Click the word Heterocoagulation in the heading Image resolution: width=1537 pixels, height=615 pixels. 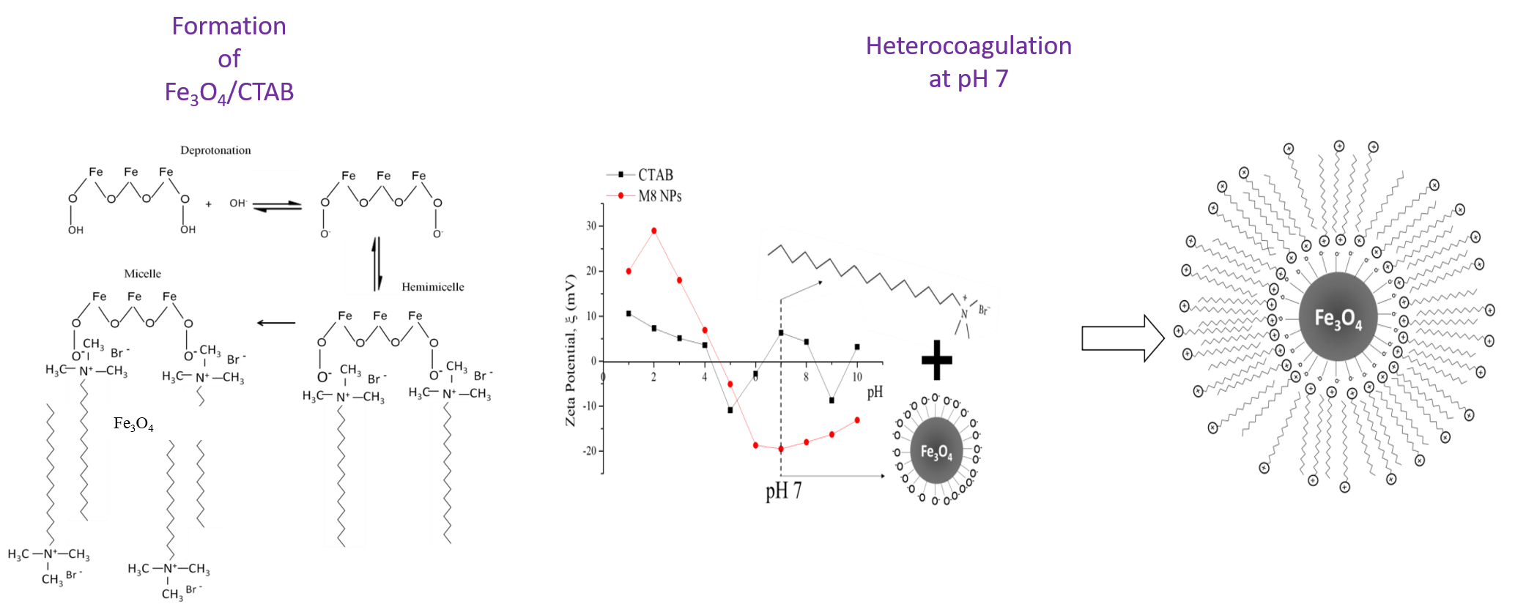coord(969,46)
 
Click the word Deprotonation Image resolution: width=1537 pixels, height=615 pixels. coord(215,150)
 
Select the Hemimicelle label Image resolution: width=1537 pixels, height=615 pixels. coord(432,287)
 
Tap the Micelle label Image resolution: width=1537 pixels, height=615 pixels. coord(142,274)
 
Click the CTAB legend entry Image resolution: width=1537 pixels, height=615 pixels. coord(655,175)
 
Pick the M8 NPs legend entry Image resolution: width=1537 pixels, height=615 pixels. coord(659,196)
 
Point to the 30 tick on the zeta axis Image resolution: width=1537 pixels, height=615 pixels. coord(591,226)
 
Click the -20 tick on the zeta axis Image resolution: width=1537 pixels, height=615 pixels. coord(590,451)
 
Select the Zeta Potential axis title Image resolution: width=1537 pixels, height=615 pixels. coord(571,350)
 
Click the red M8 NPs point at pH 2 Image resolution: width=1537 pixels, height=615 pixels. coord(653,231)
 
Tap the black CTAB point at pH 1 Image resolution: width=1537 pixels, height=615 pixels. coord(629,313)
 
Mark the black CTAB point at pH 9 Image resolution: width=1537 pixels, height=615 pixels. coord(832,400)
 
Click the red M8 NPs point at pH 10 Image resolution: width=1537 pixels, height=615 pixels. coord(857,420)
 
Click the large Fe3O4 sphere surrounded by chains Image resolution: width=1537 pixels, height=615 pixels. coord(1338,317)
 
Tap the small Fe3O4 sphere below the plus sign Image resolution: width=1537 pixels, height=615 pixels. coord(936,451)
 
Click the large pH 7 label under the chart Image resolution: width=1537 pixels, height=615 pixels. coord(784,491)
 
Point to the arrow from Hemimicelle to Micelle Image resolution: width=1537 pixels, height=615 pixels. coord(276,323)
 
